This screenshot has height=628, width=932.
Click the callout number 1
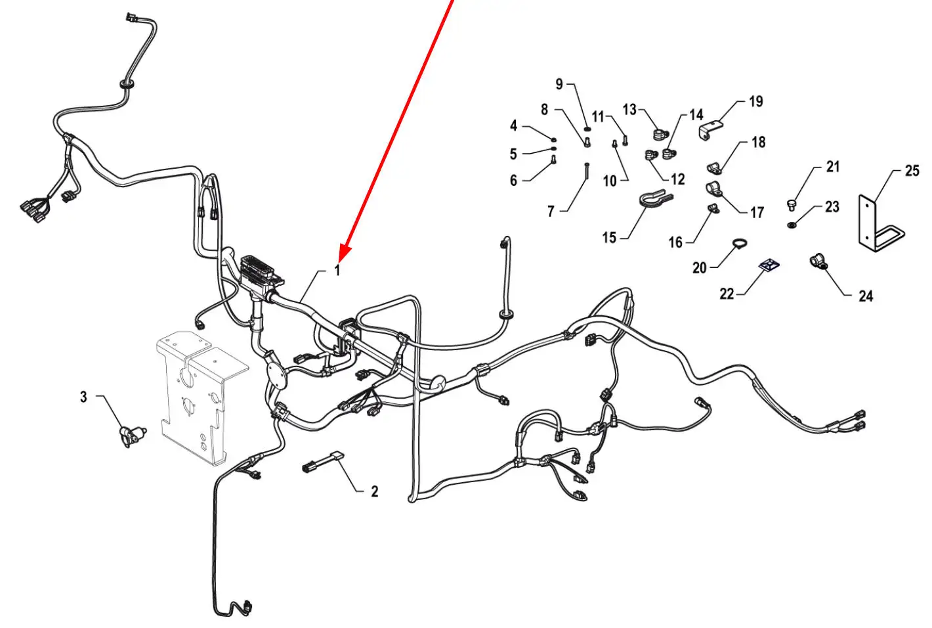coord(337,270)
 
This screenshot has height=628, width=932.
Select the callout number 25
coord(912,170)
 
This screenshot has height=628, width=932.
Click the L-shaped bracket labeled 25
coord(880,223)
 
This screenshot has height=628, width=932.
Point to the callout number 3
coord(83,397)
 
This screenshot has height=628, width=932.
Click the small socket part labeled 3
coord(133,436)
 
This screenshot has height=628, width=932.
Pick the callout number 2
coord(375,491)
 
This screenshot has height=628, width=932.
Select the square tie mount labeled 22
coord(769,264)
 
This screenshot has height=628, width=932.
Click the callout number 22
coord(727,294)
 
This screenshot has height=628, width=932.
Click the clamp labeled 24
coord(818,261)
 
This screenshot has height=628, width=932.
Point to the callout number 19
coord(756,102)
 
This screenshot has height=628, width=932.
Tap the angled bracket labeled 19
coord(710,130)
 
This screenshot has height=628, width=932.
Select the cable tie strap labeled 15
coord(656,198)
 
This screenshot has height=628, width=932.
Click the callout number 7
coord(551,212)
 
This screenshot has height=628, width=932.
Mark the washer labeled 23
coord(792,225)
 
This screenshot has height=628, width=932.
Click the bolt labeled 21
coord(792,205)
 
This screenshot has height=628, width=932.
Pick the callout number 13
coord(629,110)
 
